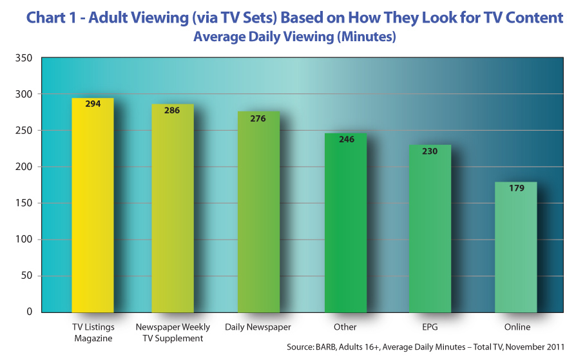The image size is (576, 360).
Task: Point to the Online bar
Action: point(516,248)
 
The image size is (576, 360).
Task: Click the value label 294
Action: point(93,104)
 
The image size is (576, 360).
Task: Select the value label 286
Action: point(173,110)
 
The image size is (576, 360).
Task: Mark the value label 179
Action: point(516,188)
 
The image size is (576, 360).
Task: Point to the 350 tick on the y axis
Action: point(23,58)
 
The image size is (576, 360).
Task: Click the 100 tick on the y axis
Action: point(23,240)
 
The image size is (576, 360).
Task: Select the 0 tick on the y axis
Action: point(30,312)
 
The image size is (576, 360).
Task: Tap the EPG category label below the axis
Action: point(430,327)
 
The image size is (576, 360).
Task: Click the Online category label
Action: point(517,327)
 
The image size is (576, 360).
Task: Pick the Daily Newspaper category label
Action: point(258,327)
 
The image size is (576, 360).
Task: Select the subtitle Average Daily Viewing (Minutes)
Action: point(294,37)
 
